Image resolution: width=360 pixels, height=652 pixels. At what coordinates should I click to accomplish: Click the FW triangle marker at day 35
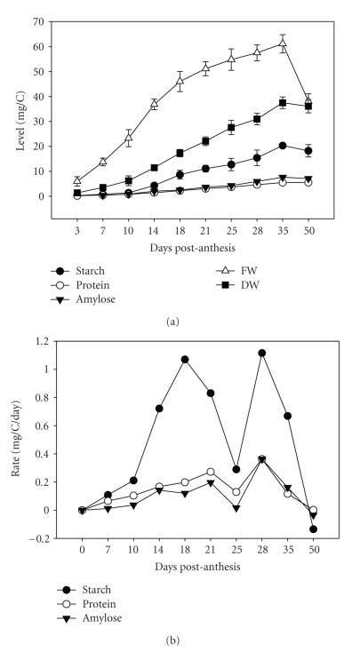click(283, 44)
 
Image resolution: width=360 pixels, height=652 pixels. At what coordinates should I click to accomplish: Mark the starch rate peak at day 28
click(262, 353)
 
